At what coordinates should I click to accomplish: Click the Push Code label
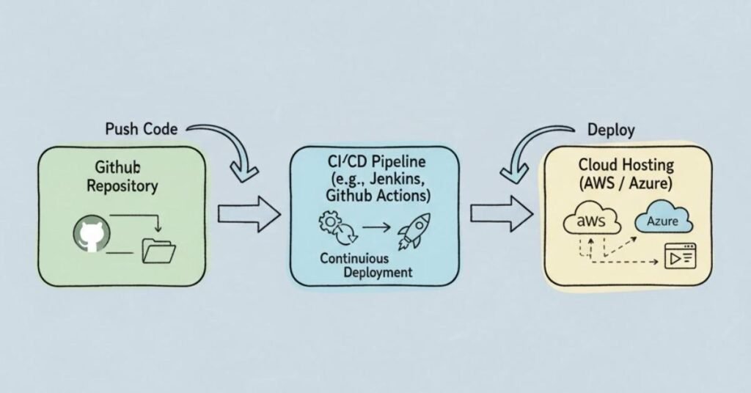[x=142, y=129]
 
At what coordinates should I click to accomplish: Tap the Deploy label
[x=610, y=129]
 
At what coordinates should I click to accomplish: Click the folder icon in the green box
[x=159, y=251]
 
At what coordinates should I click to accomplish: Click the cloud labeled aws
[x=591, y=221]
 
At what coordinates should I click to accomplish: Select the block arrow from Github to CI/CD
[x=249, y=214]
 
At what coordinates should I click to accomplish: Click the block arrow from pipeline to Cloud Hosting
[x=501, y=213]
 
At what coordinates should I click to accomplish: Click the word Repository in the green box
[x=122, y=186]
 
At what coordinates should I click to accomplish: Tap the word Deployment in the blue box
[x=378, y=272]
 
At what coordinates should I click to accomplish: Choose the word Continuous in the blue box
[x=355, y=259]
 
